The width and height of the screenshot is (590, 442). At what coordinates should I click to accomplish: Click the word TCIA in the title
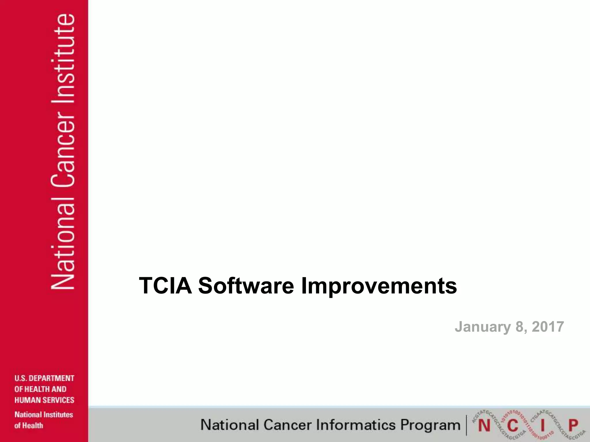click(165, 286)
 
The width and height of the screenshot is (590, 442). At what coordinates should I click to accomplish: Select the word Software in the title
click(246, 286)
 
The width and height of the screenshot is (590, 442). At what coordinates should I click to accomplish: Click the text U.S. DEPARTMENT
click(44, 378)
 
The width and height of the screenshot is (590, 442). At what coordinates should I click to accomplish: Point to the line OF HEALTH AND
click(40, 389)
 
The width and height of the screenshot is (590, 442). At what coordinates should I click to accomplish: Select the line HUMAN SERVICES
click(44, 400)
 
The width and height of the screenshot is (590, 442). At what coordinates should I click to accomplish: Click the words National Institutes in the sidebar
click(44, 415)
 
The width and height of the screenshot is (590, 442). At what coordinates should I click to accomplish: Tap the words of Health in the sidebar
click(29, 426)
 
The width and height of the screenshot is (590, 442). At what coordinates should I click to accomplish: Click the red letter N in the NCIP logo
click(484, 426)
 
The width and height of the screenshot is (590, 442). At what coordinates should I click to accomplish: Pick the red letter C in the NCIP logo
click(513, 426)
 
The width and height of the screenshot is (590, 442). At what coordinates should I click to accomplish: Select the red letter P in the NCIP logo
click(573, 425)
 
